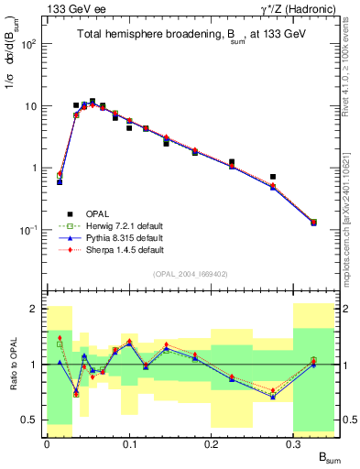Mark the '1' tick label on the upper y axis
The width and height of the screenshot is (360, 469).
(34, 169)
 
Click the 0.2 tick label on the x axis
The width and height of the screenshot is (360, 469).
(212, 443)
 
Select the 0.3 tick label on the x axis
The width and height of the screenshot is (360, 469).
(294, 443)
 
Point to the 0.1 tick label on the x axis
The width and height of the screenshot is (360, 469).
(129, 443)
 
